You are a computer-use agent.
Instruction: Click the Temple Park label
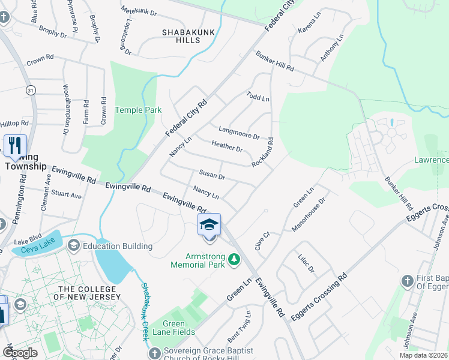tap(130, 110)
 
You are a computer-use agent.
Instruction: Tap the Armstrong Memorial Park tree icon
tap(234, 259)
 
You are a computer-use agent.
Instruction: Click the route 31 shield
tap(31, 89)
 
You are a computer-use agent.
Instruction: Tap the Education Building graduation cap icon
tap(74, 245)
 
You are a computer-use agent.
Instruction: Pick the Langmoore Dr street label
tap(239, 133)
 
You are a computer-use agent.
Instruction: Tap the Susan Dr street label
tap(212, 176)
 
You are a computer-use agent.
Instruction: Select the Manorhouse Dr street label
tap(308, 215)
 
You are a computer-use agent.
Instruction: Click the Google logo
tap(20, 353)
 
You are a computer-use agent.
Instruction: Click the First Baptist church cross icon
tap(408, 280)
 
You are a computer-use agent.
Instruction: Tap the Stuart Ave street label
tap(66, 196)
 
